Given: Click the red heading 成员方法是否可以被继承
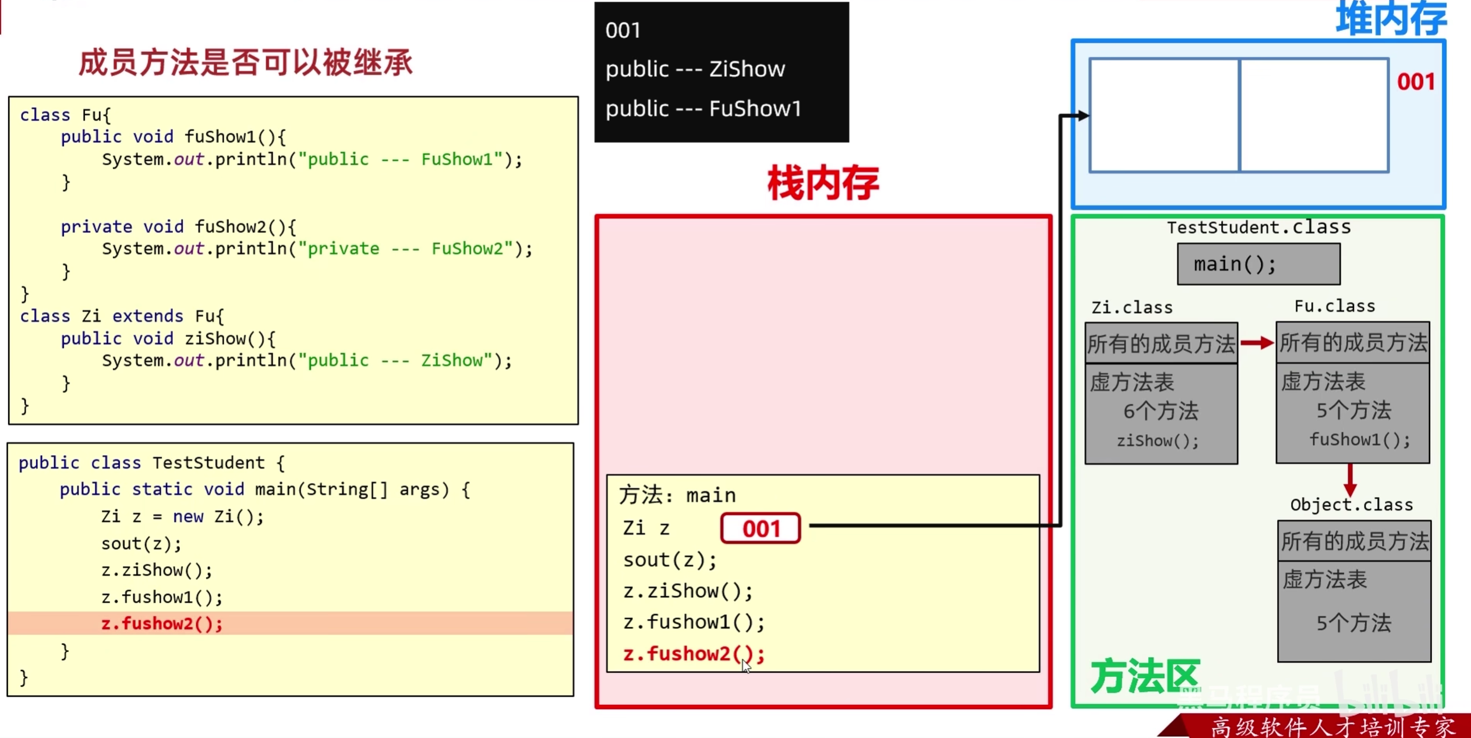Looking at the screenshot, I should [246, 63].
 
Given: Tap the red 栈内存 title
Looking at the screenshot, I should [823, 183].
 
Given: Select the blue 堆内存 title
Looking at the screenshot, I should [1391, 19].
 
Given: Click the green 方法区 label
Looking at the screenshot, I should [1144, 676].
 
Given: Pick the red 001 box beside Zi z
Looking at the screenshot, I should [761, 528].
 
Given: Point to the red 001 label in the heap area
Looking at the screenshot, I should [1416, 82].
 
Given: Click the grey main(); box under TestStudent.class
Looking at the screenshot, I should [1258, 264].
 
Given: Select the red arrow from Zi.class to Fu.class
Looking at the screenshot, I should [1256, 343].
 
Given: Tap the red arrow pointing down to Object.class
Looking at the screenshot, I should [1350, 480].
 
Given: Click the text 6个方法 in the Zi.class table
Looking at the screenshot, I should [1161, 411].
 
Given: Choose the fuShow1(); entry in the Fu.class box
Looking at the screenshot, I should [1360, 439].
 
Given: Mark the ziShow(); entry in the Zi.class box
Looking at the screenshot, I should [1158, 441].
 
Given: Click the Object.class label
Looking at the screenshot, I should [1351, 505].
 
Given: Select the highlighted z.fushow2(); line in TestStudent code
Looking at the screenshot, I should [162, 623].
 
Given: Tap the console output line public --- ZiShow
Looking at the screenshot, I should [695, 69].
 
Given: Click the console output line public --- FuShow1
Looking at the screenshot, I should [703, 109].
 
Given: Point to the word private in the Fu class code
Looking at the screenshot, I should [96, 226].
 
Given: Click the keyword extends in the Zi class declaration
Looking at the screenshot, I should [147, 316].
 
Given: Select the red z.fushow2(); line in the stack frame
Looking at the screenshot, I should [693, 654].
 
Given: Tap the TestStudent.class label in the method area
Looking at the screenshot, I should [1258, 227].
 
